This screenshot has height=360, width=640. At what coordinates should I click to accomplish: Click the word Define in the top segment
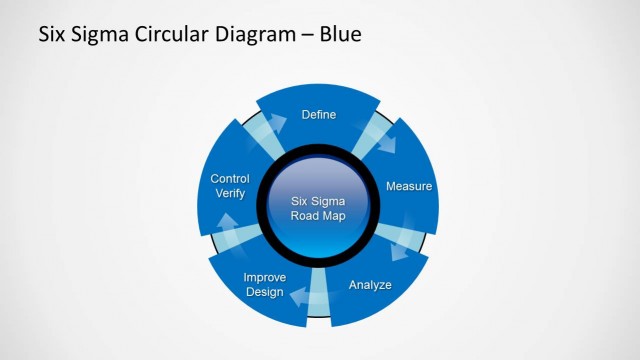point(319,115)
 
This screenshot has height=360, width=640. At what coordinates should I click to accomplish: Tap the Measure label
point(408,186)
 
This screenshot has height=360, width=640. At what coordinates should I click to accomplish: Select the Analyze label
point(370,285)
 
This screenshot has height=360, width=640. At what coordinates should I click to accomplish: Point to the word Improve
point(265,277)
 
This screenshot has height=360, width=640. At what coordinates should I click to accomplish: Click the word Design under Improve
point(264,292)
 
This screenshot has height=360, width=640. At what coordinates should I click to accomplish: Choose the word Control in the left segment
point(230,179)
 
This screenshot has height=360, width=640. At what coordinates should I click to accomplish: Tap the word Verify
point(230,194)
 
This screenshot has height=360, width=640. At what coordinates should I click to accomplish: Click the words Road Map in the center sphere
point(319,215)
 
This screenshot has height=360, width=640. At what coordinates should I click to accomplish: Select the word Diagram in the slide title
point(249,35)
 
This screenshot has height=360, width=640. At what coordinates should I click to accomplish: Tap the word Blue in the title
point(340,35)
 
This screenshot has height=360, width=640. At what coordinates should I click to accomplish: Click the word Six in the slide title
point(52,35)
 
